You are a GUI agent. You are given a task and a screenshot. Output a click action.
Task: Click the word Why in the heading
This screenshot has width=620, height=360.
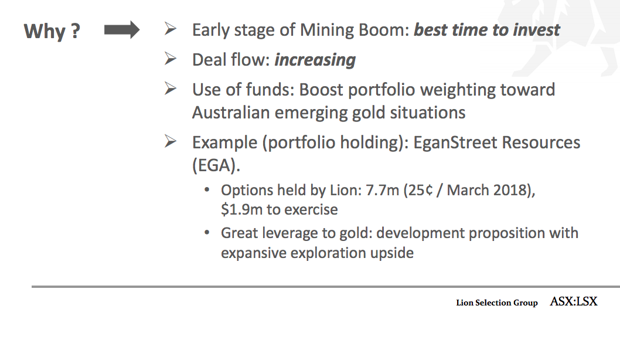pos(45,31)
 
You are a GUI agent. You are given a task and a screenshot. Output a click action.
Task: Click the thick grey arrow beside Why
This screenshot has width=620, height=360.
pos(122,30)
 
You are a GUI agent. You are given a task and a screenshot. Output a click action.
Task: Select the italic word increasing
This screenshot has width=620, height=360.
pos(315,60)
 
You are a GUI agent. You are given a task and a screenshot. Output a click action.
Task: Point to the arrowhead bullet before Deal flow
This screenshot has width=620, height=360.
pos(171,59)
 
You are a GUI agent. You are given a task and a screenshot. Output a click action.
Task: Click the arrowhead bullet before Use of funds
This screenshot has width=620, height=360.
pos(171,89)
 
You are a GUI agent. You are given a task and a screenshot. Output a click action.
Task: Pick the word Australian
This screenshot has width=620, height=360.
pos(231,113)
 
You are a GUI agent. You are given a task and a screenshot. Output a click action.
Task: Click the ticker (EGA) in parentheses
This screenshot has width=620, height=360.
pos(216,165)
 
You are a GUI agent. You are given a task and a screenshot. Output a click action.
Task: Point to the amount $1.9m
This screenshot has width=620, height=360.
pos(241,210)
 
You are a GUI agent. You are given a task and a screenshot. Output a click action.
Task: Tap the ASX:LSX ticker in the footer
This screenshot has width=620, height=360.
pos(573,301)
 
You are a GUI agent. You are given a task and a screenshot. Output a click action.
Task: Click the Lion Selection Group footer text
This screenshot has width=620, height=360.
pos(497,303)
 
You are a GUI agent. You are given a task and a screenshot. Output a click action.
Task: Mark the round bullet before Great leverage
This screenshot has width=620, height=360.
pos(207,233)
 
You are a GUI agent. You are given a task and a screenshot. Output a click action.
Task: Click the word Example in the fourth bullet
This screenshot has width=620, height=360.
pos(224,143)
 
